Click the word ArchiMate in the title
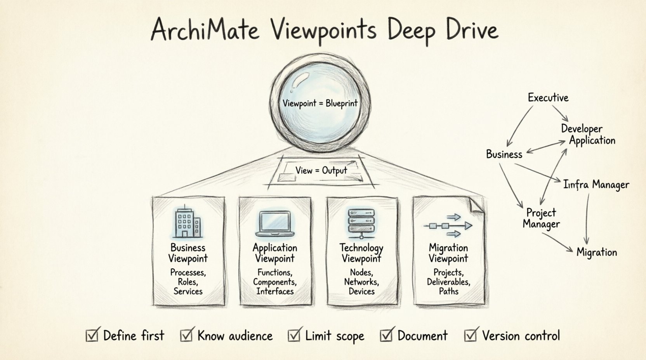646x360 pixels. click(x=205, y=29)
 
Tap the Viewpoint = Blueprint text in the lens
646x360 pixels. click(x=320, y=104)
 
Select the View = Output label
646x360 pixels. click(x=321, y=170)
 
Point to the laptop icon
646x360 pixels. click(x=274, y=224)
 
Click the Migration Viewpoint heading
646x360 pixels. click(x=448, y=253)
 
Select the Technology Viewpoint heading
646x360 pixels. click(x=361, y=253)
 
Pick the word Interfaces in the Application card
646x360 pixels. click(x=275, y=291)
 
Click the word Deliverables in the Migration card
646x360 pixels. click(x=448, y=282)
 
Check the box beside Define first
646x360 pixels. click(x=92, y=335)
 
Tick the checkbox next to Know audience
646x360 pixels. click(x=186, y=335)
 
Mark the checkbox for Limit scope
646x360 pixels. click(x=294, y=335)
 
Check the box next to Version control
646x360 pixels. click(x=471, y=335)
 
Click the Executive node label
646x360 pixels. click(x=548, y=97)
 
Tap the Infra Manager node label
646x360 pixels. click(x=596, y=185)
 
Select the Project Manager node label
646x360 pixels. click(x=541, y=218)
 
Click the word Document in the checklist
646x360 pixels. click(x=422, y=336)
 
